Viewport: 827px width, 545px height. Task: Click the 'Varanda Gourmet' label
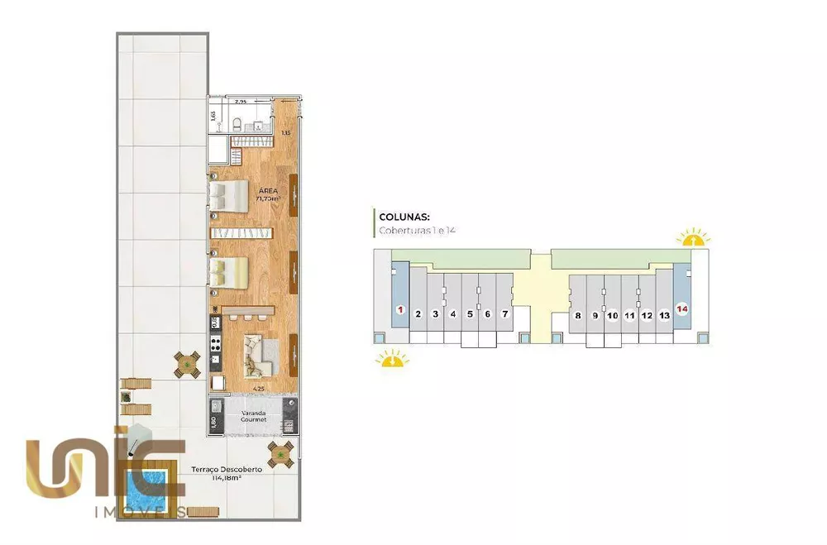pos(253,415)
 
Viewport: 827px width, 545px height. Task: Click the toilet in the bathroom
pos(238,125)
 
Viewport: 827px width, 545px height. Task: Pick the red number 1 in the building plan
pos(400,310)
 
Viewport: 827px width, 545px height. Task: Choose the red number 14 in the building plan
pos(682,309)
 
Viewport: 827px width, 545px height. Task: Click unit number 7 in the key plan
pos(504,314)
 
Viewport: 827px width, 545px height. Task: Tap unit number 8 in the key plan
pos(577,315)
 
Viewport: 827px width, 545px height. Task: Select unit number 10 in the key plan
pos(612,315)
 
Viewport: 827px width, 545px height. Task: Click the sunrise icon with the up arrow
pos(693,239)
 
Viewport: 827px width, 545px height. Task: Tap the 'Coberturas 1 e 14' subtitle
pos(417,230)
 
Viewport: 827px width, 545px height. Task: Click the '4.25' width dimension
pos(258,388)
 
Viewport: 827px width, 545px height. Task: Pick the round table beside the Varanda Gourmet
pos(280,453)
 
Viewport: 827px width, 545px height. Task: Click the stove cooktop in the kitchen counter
pos(215,343)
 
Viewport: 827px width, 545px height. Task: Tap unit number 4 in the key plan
pos(452,314)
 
